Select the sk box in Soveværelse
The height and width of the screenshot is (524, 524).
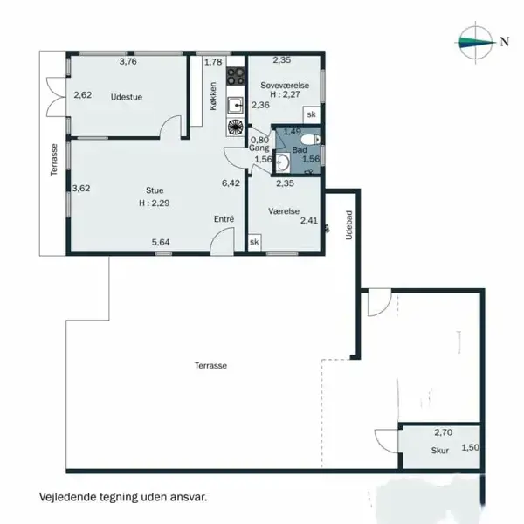310,114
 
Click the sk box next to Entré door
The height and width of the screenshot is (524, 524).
254,242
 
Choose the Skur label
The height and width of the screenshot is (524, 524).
439,452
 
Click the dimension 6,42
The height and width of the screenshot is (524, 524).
231,183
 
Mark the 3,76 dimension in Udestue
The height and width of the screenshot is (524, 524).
128,61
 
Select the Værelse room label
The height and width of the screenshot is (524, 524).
285,210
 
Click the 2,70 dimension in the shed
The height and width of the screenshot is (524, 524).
444,432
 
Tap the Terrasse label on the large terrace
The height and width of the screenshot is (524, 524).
210,366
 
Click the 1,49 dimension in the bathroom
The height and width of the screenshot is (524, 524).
293,132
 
